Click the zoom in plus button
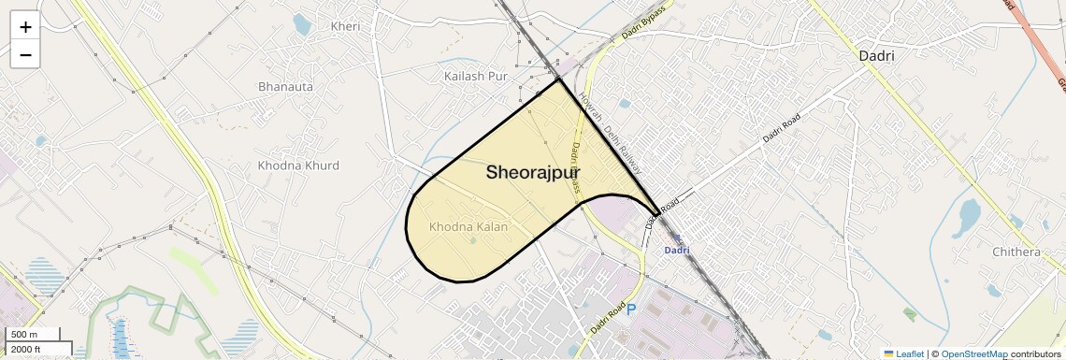coord(25,26)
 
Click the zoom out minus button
coord(25,54)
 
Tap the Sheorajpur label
coord(532,173)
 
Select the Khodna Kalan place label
coord(468,227)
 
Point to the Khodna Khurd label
coord(298,166)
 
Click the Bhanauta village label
coord(285,87)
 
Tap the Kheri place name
coord(345,26)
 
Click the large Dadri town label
coord(876,56)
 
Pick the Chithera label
coord(1016,252)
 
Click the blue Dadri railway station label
coord(676,250)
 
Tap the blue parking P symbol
coord(631,309)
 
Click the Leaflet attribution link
coord(903,353)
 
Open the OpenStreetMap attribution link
coord(974,353)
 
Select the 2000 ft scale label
coord(26,349)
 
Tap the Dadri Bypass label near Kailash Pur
coord(643,28)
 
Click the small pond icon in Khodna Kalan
coord(472,241)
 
